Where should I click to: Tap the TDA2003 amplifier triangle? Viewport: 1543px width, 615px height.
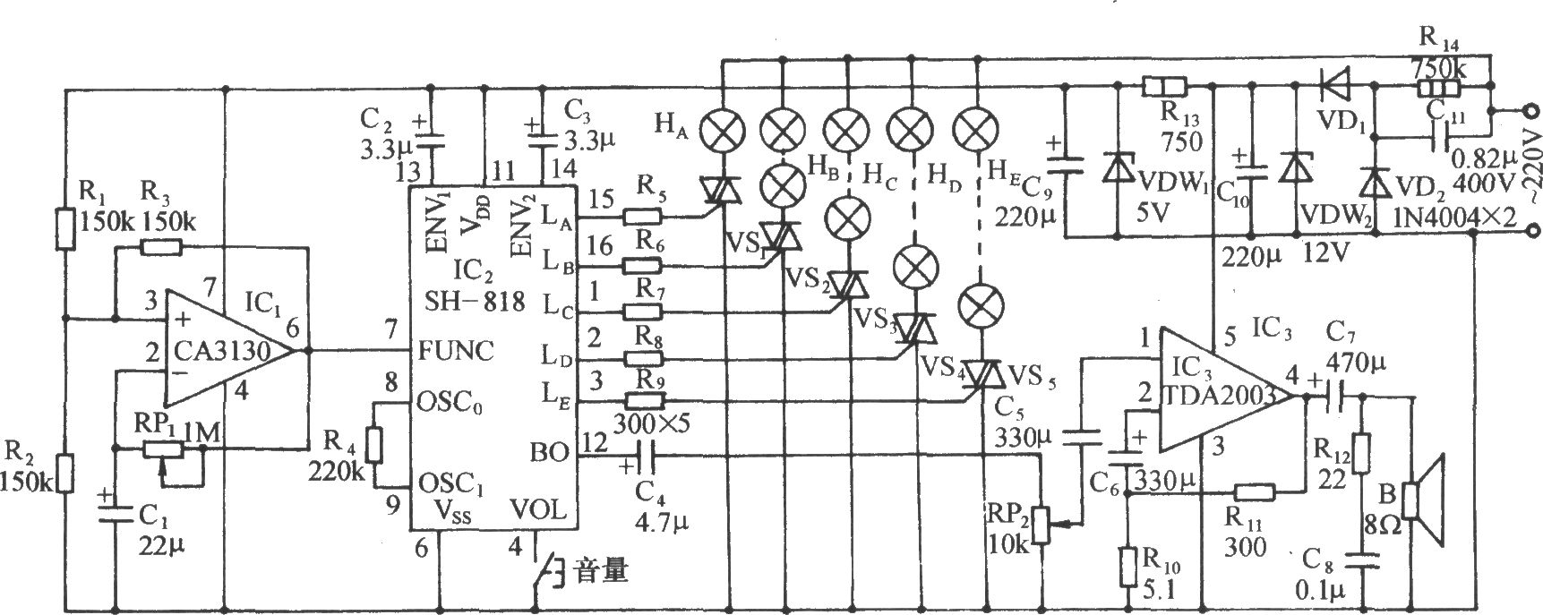(x=1227, y=390)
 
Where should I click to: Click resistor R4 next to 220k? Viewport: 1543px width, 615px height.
(x=375, y=445)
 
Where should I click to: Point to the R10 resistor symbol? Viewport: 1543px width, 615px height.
(x=1128, y=564)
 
